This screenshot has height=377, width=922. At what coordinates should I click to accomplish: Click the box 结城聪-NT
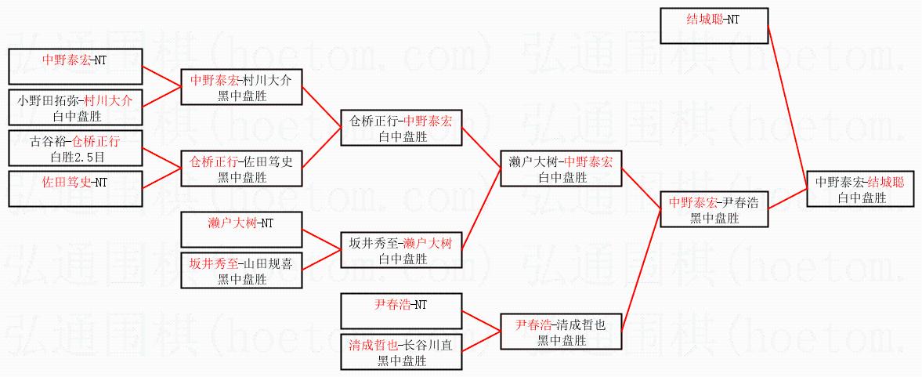pos(714,26)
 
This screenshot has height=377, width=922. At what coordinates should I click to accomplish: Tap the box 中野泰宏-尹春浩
pos(714,209)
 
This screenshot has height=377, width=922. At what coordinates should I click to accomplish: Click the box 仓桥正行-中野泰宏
pos(402,129)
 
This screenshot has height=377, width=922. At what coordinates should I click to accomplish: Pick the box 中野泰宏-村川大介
pos(241,88)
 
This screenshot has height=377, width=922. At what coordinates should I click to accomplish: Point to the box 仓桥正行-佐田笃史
pos(241,169)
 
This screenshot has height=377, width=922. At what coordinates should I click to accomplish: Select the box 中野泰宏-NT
pos(75,66)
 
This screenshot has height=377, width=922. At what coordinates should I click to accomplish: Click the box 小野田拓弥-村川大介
pos(75,108)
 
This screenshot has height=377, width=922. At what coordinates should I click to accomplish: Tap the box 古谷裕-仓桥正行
pos(75,149)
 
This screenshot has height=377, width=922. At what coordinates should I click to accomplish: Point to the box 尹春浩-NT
pos(402,311)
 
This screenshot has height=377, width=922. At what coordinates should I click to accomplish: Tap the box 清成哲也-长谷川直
pos(402,352)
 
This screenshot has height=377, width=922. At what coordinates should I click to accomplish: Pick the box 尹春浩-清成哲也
pos(561,332)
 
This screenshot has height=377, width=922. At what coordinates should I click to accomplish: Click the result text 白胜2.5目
pos(75,157)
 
